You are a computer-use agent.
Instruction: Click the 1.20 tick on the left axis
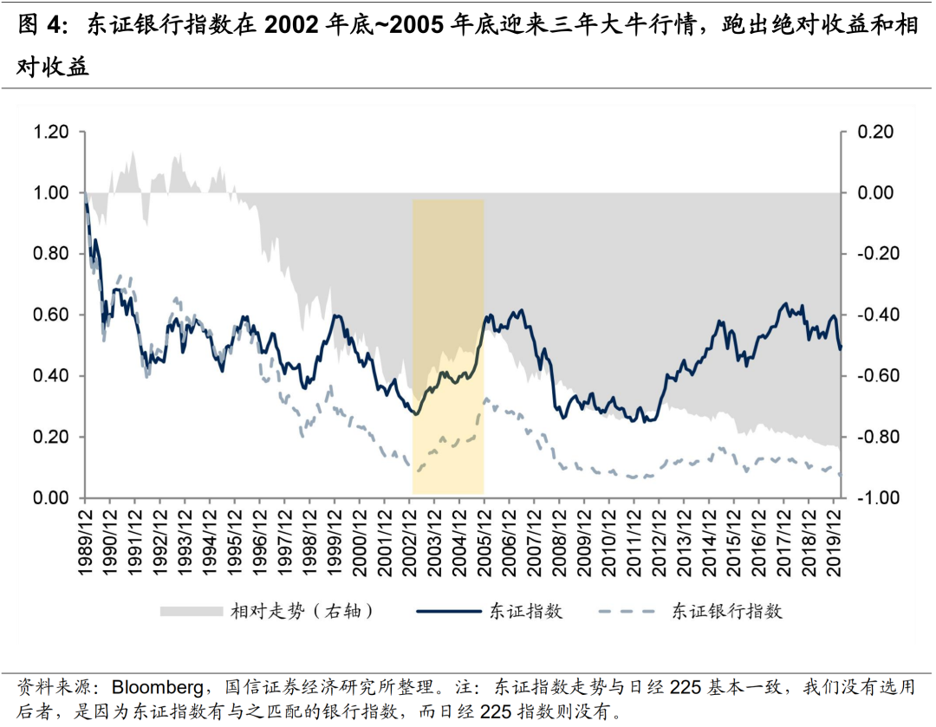tap(50, 132)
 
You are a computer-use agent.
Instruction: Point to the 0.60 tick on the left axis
tap(50, 315)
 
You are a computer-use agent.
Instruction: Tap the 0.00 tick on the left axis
tap(50, 498)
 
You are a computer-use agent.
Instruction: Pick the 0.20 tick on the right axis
tap(875, 132)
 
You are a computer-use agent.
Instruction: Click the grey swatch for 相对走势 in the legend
tap(190, 612)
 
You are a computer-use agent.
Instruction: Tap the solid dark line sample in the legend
tap(447, 612)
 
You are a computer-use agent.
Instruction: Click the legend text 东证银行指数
tap(727, 612)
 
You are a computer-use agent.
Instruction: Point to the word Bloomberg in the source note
tap(159, 689)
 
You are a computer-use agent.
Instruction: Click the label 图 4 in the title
tap(42, 26)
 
